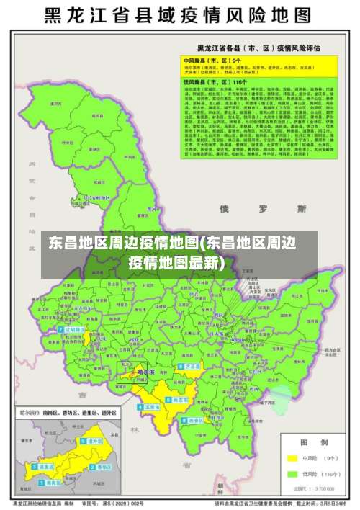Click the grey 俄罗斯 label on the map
(x=263, y=209)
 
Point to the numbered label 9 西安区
(x=195, y=420)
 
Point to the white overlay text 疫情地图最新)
(x=176, y=263)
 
